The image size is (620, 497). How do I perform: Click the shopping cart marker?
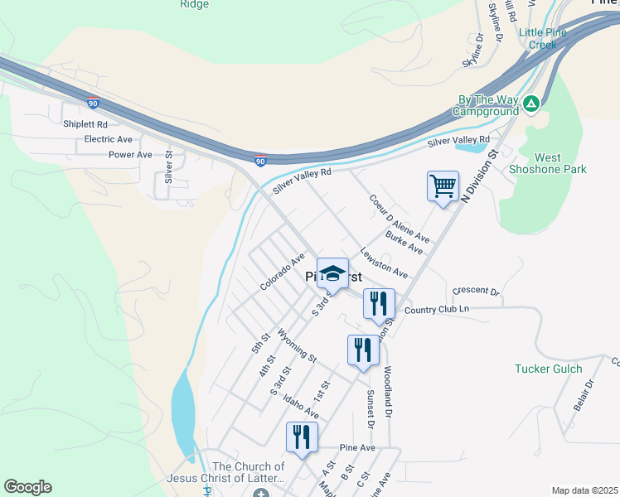pos(443,186)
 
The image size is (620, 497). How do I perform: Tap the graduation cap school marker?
pos(332,274)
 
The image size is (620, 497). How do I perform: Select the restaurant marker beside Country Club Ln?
pos(379,303)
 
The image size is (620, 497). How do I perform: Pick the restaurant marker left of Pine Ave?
pos(302,437)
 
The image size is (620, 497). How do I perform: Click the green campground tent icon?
pos(530,104)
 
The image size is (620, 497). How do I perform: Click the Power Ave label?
pos(130,154)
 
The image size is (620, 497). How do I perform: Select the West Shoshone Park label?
pos(560,164)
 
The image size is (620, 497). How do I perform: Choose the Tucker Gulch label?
pos(549,369)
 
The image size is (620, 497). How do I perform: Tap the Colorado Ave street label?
pos(283,273)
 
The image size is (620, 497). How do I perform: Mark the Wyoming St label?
pos(297,345)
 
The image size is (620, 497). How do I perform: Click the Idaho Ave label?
pos(300,406)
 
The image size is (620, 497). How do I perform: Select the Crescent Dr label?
pos(477,292)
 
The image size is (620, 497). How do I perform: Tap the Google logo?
pos(27,487)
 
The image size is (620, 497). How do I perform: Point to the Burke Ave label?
pos(404,244)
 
